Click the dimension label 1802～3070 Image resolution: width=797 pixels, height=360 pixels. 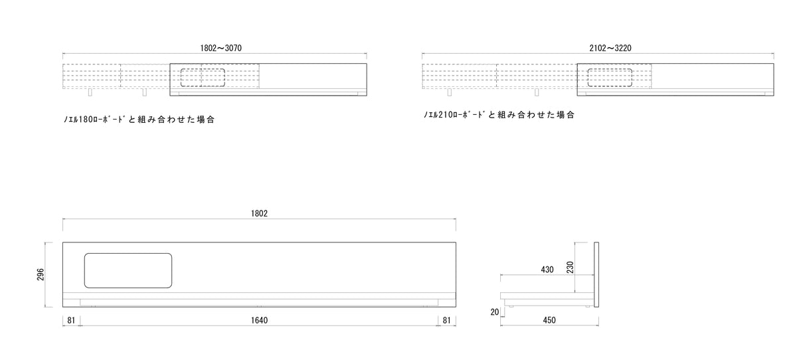pyautogui.click(x=221, y=48)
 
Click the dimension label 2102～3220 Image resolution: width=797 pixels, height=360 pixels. pyautogui.click(x=610, y=48)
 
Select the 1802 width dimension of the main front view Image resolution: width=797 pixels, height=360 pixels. pyautogui.click(x=259, y=213)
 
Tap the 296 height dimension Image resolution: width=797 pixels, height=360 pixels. pyautogui.click(x=41, y=274)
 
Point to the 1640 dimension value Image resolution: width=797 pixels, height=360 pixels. pyautogui.click(x=259, y=320)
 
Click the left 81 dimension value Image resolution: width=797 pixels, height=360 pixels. pyautogui.click(x=71, y=320)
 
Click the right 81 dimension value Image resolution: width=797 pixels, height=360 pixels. pyautogui.click(x=446, y=320)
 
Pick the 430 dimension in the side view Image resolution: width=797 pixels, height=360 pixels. pyautogui.click(x=547, y=270)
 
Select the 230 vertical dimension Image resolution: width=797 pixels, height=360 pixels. pyautogui.click(x=570, y=267)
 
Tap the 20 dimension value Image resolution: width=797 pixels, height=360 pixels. pyautogui.click(x=495, y=312)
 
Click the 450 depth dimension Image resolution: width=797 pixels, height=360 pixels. pyautogui.click(x=549, y=320)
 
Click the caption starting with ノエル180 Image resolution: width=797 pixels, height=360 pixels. pyautogui.click(x=139, y=119)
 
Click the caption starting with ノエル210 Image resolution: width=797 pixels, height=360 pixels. pyautogui.click(x=499, y=114)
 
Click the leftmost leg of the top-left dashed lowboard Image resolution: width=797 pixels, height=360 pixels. pyautogui.click(x=90, y=92)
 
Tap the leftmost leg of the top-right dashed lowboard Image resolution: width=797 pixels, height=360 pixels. pyautogui.click(x=450, y=92)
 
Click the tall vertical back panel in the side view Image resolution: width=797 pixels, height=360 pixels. pyautogui.click(x=596, y=274)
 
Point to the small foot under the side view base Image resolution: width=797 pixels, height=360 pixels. pyautogui.click(x=511, y=306)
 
